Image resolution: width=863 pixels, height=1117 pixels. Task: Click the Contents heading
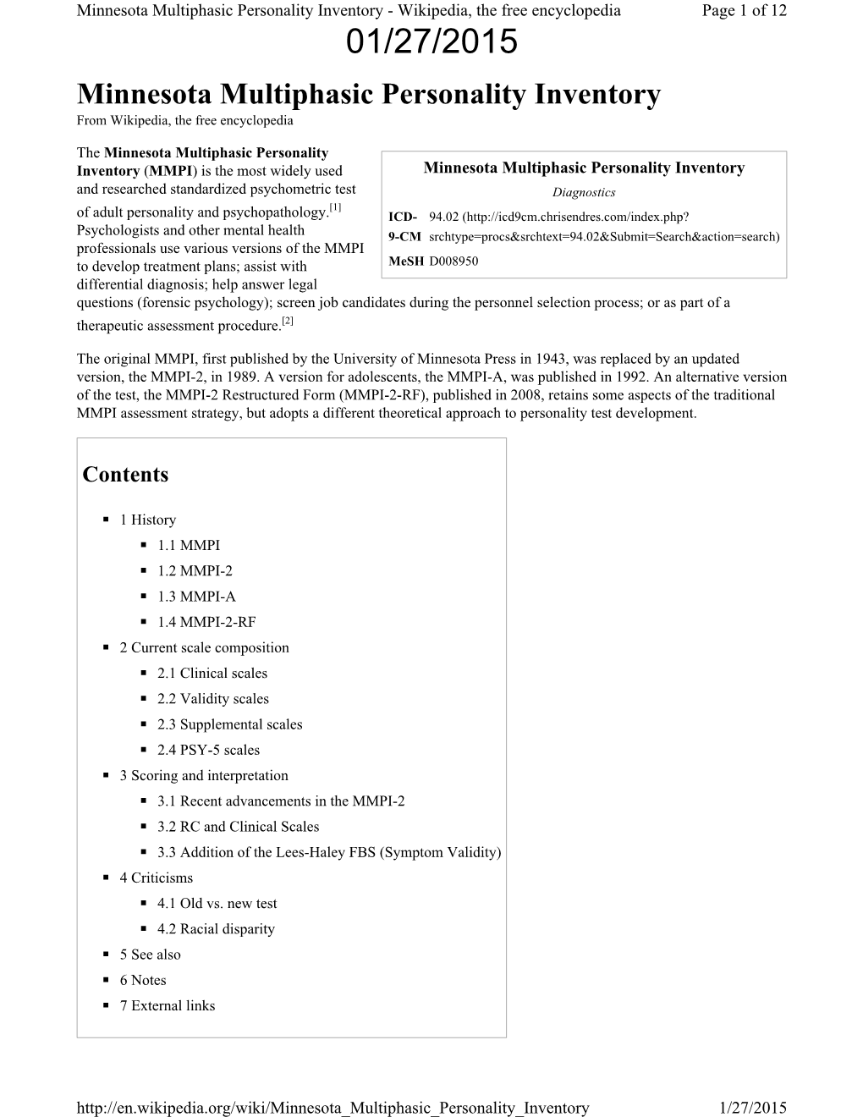point(125,475)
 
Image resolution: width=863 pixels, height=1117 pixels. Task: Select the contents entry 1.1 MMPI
point(188,546)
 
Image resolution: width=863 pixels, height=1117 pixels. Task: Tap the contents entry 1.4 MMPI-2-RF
point(206,622)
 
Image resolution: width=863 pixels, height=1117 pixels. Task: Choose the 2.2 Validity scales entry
point(212,699)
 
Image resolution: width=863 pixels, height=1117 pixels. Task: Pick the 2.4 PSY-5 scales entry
point(208,750)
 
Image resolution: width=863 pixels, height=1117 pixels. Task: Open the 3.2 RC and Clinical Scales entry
point(238,827)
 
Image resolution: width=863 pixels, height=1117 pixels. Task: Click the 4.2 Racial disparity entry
point(216,929)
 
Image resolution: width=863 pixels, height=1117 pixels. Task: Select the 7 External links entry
point(167,1005)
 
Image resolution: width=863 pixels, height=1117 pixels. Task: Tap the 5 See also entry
point(150,955)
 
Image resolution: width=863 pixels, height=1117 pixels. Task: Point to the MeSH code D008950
point(453,261)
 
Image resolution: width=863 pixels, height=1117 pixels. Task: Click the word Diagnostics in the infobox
point(584,193)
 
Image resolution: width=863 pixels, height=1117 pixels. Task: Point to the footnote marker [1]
point(336,207)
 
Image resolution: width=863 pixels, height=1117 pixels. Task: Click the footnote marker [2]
point(288,321)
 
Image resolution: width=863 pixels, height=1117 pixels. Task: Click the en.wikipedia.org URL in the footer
point(333,1108)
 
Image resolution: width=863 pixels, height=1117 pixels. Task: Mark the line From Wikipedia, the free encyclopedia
point(184,120)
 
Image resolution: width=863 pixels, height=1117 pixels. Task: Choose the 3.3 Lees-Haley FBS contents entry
point(328,852)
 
